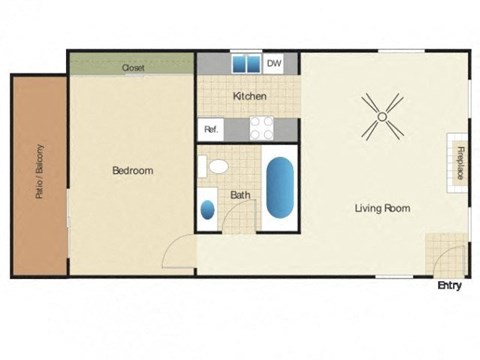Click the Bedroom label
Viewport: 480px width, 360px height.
(132, 171)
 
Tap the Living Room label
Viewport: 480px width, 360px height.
(383, 209)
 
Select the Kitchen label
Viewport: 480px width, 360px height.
(249, 96)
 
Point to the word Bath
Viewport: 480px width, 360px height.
(240, 195)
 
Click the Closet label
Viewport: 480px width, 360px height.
(133, 68)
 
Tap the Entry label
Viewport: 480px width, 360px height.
(450, 286)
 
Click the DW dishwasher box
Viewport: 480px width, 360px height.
(274, 64)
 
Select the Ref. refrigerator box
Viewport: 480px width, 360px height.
(212, 129)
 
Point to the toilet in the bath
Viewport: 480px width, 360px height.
(215, 166)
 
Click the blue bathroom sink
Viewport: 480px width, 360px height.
(208, 209)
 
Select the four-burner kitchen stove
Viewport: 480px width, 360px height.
(261, 128)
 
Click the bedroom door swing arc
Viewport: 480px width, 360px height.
(177, 252)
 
